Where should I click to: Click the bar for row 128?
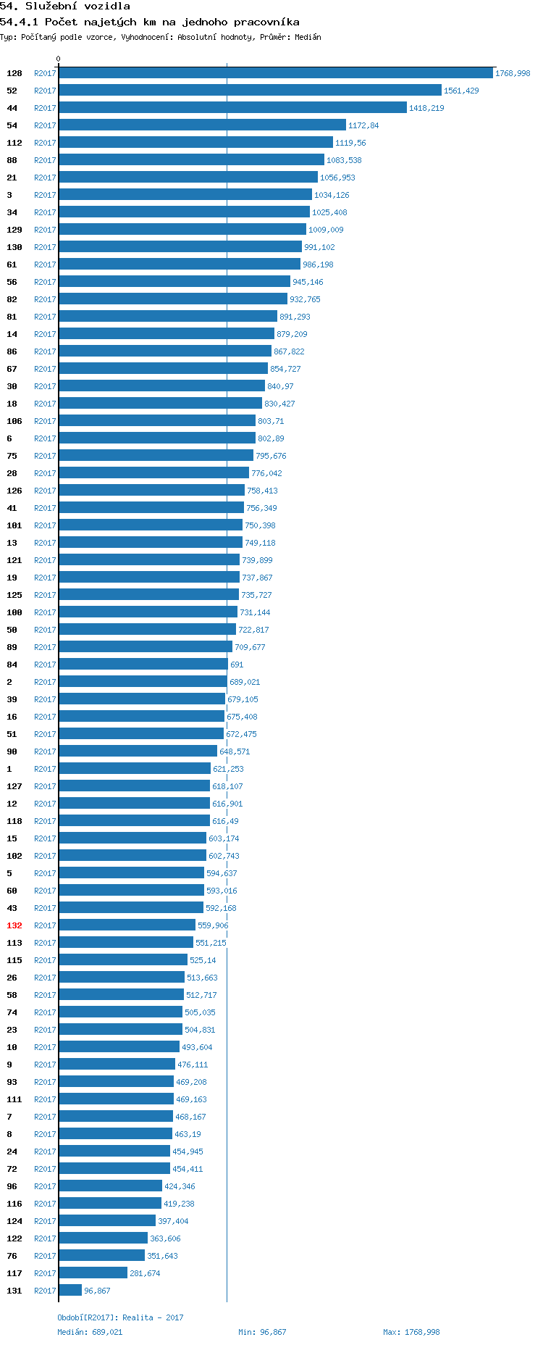click(x=275, y=73)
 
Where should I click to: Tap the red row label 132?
click(x=14, y=925)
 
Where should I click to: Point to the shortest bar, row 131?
click(x=70, y=1291)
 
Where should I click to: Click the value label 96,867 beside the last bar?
click(x=97, y=1291)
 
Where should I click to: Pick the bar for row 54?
click(x=202, y=125)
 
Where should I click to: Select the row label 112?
click(x=14, y=143)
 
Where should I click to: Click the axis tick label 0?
click(x=59, y=59)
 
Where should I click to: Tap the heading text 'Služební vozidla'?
click(x=77, y=7)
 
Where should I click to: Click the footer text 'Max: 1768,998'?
click(x=411, y=1332)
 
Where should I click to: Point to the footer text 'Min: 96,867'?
click(x=262, y=1332)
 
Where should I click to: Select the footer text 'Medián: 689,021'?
click(x=90, y=1332)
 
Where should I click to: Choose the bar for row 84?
click(x=143, y=665)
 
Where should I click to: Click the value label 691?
click(x=237, y=665)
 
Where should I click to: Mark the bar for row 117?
click(x=93, y=1273)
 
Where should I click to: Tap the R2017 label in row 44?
click(x=45, y=108)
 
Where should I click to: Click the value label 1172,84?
click(x=363, y=125)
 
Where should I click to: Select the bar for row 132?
click(x=127, y=925)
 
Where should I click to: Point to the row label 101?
click(x=14, y=525)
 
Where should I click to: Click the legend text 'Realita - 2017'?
click(x=153, y=1317)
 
